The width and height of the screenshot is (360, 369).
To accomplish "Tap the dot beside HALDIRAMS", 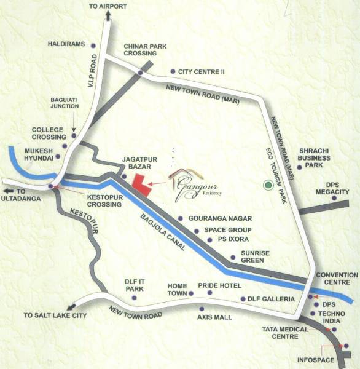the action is click(x=93, y=46).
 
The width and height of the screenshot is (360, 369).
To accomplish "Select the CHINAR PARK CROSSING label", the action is click(x=145, y=50).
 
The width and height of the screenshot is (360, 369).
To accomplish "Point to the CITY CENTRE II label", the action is click(x=198, y=71).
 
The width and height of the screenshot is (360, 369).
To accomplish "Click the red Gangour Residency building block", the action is click(x=141, y=184).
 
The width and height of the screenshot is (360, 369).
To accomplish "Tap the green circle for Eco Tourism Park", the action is click(x=267, y=184).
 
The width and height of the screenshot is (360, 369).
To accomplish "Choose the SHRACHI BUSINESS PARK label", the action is click(x=315, y=157).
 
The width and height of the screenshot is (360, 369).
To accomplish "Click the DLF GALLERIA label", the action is click(x=271, y=299).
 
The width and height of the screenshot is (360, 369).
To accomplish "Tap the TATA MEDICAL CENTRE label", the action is click(x=280, y=333).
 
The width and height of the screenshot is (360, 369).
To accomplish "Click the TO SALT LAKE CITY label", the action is click(x=55, y=315).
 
